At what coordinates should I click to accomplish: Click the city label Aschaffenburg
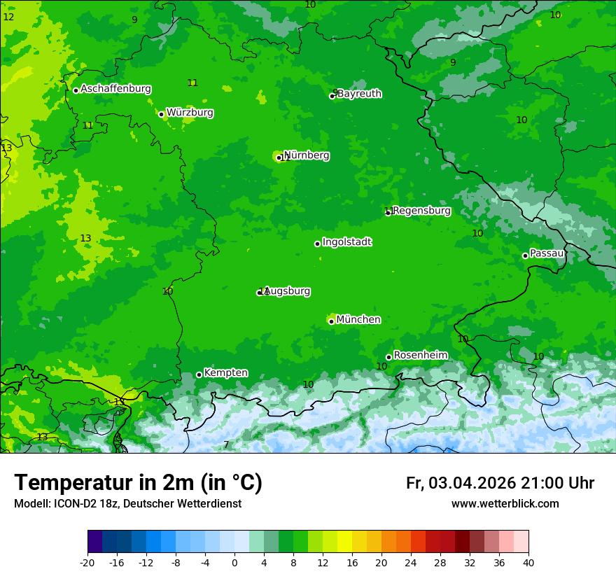click(x=115, y=89)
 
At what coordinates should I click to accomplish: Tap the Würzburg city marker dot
click(x=161, y=114)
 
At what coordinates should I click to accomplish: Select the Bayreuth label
click(x=359, y=93)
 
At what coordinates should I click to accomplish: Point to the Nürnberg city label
click(x=307, y=155)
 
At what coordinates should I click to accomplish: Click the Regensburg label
click(x=421, y=210)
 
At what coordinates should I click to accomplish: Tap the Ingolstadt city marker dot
click(x=317, y=244)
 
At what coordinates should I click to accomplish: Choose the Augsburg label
click(x=287, y=291)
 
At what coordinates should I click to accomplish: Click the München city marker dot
click(x=331, y=321)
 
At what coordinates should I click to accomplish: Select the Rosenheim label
click(x=420, y=355)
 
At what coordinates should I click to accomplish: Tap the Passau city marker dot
click(x=525, y=255)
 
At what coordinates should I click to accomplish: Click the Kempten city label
click(x=225, y=372)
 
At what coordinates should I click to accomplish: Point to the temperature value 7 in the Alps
click(x=226, y=445)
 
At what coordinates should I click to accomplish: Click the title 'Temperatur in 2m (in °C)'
click(x=138, y=483)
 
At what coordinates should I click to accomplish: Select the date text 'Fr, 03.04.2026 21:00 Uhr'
click(x=500, y=483)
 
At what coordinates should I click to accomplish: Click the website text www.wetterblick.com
click(x=505, y=503)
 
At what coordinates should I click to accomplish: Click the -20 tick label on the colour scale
click(x=87, y=562)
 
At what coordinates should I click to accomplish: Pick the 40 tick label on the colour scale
click(x=528, y=562)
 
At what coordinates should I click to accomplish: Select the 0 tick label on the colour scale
click(x=234, y=562)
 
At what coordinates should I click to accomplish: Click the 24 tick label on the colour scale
click(x=411, y=562)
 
